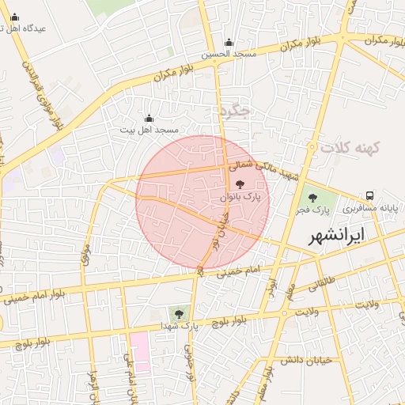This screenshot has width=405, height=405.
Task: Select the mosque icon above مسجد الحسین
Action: click(229, 43)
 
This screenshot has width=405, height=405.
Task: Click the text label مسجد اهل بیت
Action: click(150, 129)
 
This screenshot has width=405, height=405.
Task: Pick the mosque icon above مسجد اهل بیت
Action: click(150, 118)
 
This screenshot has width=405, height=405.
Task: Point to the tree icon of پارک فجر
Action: click(312, 198)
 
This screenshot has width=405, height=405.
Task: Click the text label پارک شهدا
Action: click(178, 325)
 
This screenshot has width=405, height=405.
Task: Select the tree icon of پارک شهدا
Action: click(178, 313)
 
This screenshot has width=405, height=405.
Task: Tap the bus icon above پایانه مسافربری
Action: click(370, 195)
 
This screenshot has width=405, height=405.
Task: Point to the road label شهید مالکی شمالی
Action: click(255, 164)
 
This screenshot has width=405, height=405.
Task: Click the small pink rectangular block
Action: click(140, 352)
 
